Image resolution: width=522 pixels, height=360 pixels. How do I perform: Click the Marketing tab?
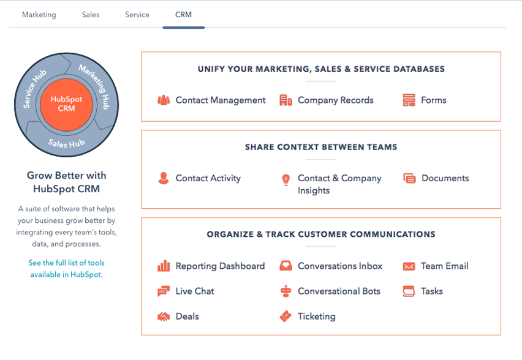pos(39,15)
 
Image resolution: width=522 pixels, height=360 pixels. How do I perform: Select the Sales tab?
pos(91,15)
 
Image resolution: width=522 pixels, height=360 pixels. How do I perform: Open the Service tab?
pos(137,15)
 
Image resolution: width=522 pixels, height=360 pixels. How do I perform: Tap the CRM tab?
pos(183,15)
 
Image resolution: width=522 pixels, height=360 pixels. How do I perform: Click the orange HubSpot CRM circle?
pos(66,105)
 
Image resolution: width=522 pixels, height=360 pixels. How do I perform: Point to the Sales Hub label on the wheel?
pos(66,143)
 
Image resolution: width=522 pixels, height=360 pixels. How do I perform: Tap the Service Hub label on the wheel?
pos(34,89)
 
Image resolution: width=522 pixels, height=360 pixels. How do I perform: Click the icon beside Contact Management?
pos(164,100)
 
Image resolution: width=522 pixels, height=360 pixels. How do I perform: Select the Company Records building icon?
pos(286,100)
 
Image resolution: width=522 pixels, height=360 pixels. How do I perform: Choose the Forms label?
pos(433,100)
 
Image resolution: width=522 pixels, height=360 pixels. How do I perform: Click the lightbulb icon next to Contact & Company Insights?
pos(286,179)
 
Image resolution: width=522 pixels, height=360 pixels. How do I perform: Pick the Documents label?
pos(445,178)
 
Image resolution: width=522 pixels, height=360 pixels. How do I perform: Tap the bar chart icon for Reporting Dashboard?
pos(164,266)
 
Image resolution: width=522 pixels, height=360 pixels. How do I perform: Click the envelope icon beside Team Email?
pos(409,266)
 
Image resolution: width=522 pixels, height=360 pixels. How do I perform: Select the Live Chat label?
pos(195,291)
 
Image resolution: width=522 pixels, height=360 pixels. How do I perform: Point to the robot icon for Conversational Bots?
pos(286,291)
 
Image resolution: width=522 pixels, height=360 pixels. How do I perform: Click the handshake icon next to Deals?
pos(164,317)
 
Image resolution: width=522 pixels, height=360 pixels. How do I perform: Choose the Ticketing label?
pos(317,317)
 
